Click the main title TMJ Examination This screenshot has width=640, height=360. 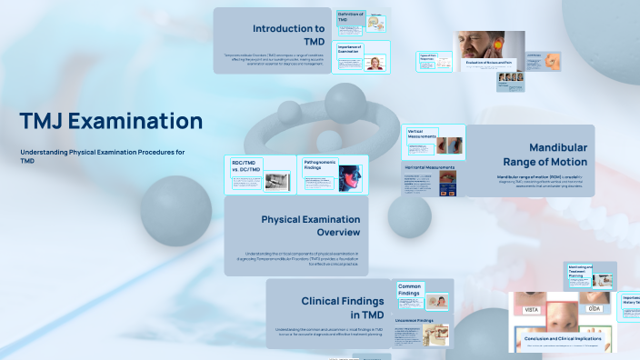point(111,121)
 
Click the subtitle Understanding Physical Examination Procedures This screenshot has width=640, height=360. point(102,152)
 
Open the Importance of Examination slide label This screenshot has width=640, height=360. point(350,48)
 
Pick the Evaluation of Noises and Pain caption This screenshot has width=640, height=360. point(489,63)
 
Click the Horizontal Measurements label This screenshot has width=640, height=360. point(431,166)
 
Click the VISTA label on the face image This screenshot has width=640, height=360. point(532,310)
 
